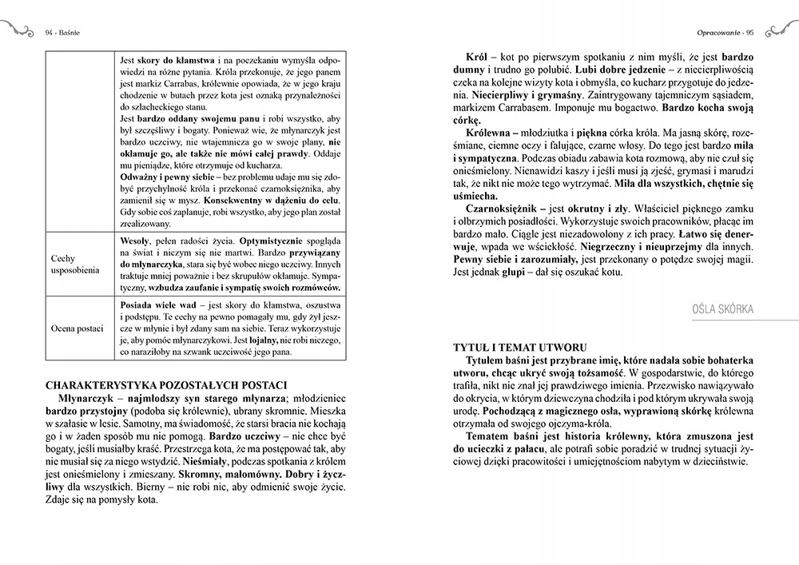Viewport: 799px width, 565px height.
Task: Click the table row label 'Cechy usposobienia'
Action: [x=74, y=265]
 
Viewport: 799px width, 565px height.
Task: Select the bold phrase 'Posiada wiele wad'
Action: [x=156, y=306]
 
